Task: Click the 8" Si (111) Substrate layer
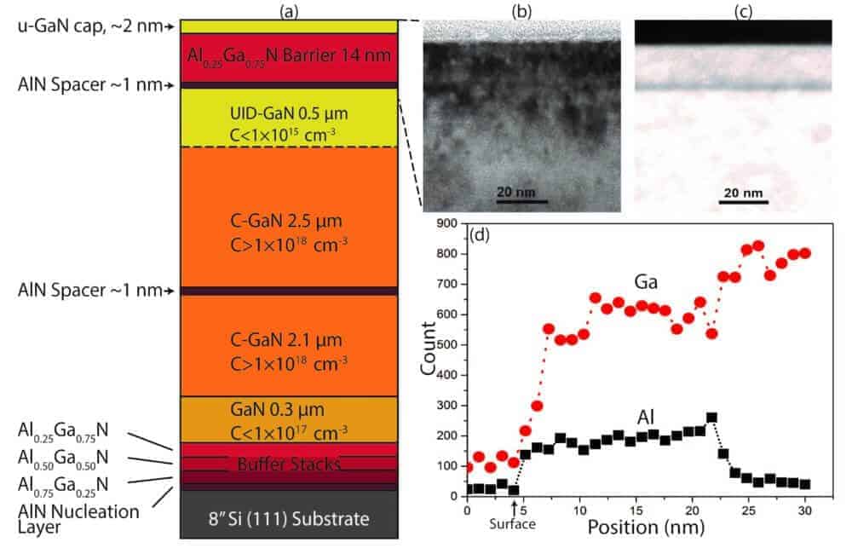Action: pyautogui.click(x=288, y=518)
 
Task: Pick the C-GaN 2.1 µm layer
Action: pyautogui.click(x=288, y=346)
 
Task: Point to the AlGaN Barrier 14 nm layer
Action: pyautogui.click(x=288, y=56)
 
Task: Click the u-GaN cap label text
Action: pyautogui.click(x=81, y=26)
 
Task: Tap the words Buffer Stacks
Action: pyautogui.click(x=288, y=464)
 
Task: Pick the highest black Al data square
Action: pyautogui.click(x=711, y=418)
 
